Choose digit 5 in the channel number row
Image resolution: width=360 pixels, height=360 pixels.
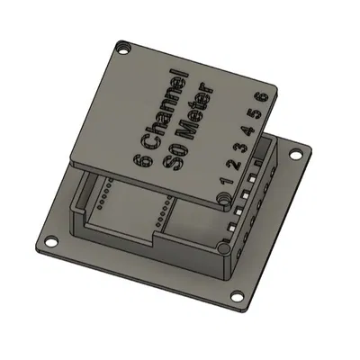pos(255,112)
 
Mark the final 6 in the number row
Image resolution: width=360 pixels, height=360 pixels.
pos(262,96)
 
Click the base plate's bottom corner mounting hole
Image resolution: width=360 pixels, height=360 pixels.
pos(237,297)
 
